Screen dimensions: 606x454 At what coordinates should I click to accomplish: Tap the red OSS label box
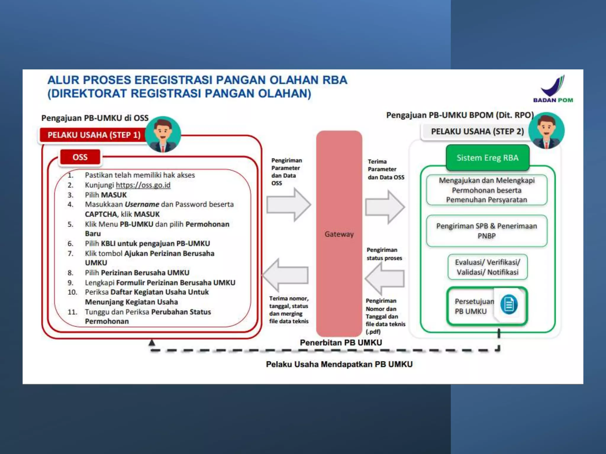(x=80, y=157)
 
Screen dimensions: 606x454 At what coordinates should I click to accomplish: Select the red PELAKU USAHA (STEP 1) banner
(x=94, y=135)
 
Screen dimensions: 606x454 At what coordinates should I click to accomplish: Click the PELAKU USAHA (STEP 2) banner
(x=477, y=132)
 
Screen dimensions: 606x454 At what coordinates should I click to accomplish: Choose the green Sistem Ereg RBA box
(x=487, y=158)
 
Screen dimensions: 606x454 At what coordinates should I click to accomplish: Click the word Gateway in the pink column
(x=339, y=234)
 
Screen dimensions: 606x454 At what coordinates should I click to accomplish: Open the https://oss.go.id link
(x=143, y=185)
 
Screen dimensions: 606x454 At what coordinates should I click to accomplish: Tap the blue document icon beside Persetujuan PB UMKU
(x=509, y=304)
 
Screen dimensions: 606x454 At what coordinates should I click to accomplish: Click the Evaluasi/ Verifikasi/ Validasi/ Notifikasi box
(x=487, y=267)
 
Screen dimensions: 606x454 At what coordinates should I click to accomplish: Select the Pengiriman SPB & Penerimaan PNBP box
(x=486, y=231)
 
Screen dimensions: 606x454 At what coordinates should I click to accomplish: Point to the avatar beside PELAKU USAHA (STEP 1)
(x=163, y=134)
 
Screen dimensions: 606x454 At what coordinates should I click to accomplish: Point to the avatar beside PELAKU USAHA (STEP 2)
(x=546, y=130)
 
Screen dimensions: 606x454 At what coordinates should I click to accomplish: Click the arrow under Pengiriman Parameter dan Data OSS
(x=289, y=205)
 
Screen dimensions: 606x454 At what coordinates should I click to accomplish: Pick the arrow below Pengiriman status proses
(x=385, y=278)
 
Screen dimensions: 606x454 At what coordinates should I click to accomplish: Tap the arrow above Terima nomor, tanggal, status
(x=285, y=275)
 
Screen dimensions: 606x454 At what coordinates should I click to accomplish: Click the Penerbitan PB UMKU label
(x=341, y=343)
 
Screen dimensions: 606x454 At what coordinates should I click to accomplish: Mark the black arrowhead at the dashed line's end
(x=152, y=343)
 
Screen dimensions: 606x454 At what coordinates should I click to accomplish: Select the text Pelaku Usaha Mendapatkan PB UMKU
(x=339, y=364)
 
